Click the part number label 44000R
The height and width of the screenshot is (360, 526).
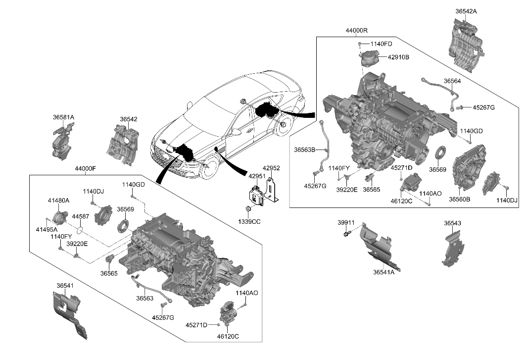356,31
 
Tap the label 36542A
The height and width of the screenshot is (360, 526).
466,10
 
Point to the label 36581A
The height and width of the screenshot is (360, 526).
63,117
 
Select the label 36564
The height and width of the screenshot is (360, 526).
452,81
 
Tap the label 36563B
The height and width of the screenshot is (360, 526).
304,149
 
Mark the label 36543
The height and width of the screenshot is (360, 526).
453,223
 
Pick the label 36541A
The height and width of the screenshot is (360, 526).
383,272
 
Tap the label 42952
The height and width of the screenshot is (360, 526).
271,168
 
